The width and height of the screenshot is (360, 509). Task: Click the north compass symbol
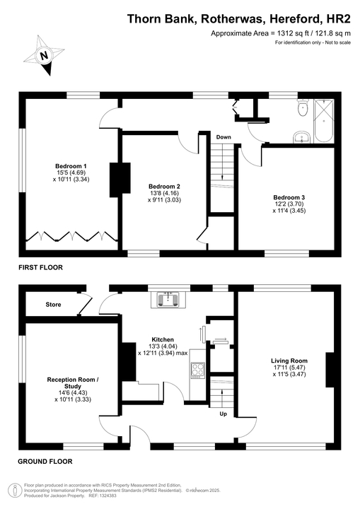44,56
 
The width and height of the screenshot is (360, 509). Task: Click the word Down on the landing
223,137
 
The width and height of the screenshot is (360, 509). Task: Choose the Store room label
53,305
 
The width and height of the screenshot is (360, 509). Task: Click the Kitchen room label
163,339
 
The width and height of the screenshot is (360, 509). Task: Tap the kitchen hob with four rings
197,370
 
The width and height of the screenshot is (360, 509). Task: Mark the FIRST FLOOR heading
41,268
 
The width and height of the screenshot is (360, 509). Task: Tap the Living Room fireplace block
329,365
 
